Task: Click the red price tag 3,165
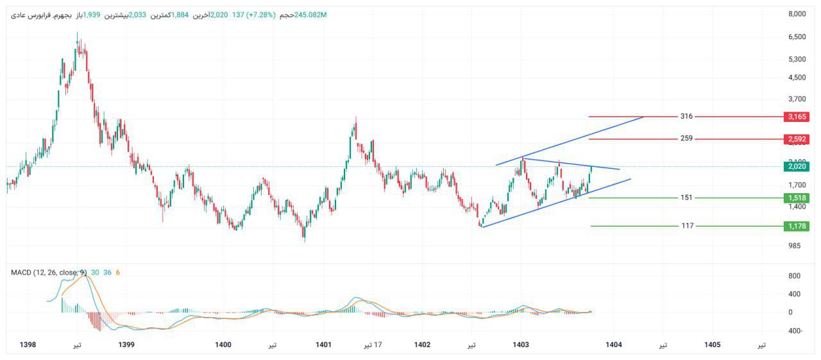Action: coord(796,117)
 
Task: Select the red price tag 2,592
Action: coord(796,139)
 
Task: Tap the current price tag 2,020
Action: coord(796,167)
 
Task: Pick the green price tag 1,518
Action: coord(796,198)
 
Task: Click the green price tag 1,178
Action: coord(796,226)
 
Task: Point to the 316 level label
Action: coord(686,117)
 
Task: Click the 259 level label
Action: coord(686,139)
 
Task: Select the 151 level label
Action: coord(686,198)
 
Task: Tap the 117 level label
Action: coord(686,226)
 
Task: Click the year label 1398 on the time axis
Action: coord(28,345)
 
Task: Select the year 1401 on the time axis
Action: coord(323,345)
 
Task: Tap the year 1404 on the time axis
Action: coord(614,345)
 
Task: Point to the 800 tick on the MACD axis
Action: coord(794,276)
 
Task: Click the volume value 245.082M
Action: coord(310,15)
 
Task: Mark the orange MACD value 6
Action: coord(117,273)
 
